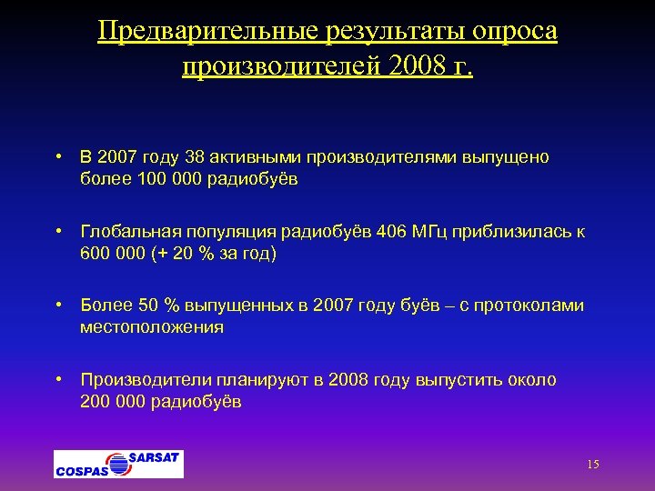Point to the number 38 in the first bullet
(195, 157)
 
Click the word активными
(257, 157)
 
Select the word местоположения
(152, 327)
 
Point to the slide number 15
(593, 465)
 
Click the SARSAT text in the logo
(155, 456)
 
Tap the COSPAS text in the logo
(82, 470)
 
